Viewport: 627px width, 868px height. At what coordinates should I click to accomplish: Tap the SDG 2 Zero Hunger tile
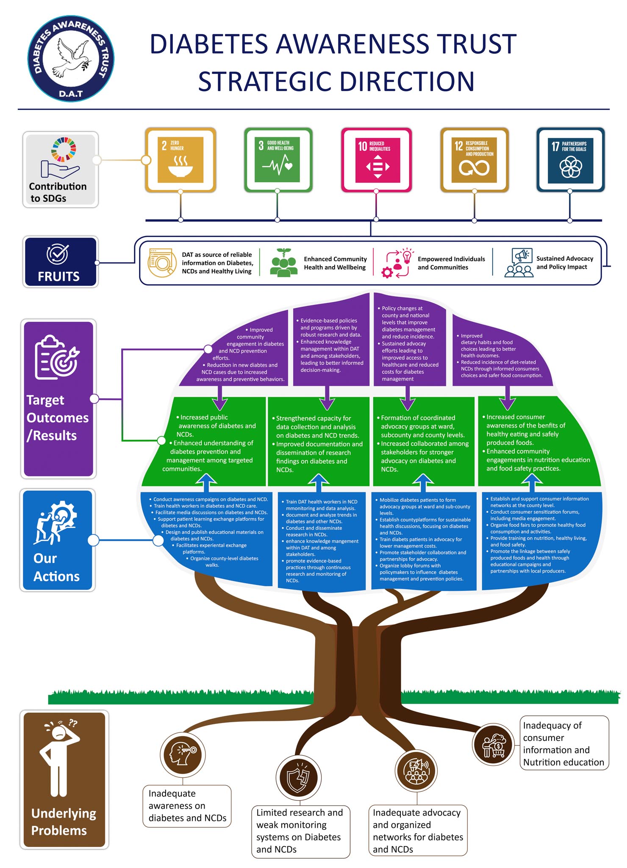tap(180, 160)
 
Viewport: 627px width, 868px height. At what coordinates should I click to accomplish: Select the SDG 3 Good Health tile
tap(278, 160)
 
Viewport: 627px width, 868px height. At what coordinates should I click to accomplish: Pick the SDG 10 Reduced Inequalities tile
tap(377, 160)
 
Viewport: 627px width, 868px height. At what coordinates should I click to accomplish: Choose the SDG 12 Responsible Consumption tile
tap(474, 160)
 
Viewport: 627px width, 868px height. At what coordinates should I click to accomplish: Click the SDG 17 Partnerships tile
tap(570, 160)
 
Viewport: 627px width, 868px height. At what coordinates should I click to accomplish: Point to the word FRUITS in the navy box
tap(59, 276)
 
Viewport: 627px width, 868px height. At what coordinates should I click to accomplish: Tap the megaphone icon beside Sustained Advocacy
tap(522, 256)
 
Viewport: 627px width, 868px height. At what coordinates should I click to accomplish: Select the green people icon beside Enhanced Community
tap(283, 263)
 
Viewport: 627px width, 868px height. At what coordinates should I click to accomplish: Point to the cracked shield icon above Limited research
tap(299, 778)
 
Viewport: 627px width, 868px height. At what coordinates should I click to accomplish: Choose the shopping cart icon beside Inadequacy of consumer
tap(494, 744)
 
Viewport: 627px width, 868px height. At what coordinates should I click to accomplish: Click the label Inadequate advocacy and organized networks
tap(418, 830)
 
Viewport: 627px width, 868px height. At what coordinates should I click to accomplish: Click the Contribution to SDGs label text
tap(58, 192)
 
